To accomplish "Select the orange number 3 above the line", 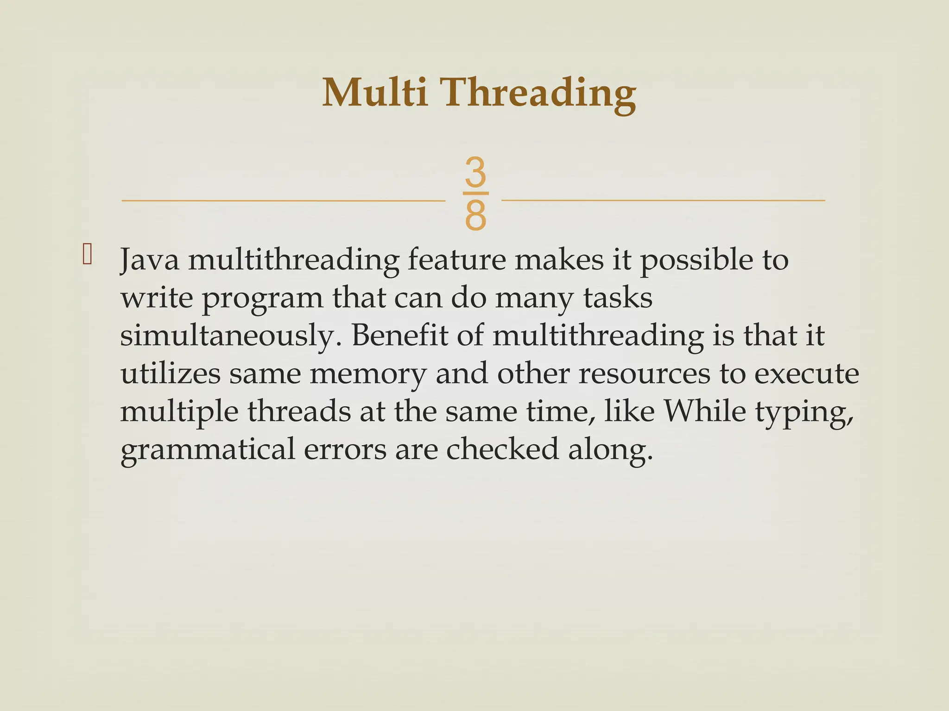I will click(x=475, y=172).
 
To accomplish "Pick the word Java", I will click(x=149, y=260).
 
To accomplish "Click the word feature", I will click(x=456, y=260).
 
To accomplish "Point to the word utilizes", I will click(x=170, y=374).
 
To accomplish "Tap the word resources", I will click(x=644, y=374).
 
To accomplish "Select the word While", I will click(x=704, y=411).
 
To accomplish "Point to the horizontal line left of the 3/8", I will click(x=283, y=201).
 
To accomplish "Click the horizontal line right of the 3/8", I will click(x=663, y=200).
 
